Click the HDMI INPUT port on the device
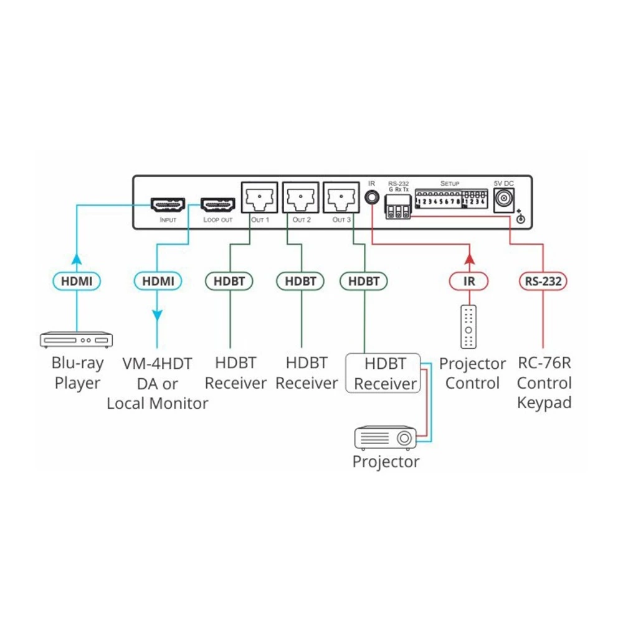coord(168,204)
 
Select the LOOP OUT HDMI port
coord(217,204)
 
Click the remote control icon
coord(469,326)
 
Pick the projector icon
coord(385,438)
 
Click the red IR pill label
coord(469,282)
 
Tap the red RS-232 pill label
coord(542,282)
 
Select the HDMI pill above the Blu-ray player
coord(77,282)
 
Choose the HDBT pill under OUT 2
coord(300,282)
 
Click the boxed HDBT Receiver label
coord(384,373)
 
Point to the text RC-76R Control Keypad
coord(544,383)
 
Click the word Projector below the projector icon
coord(386,462)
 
